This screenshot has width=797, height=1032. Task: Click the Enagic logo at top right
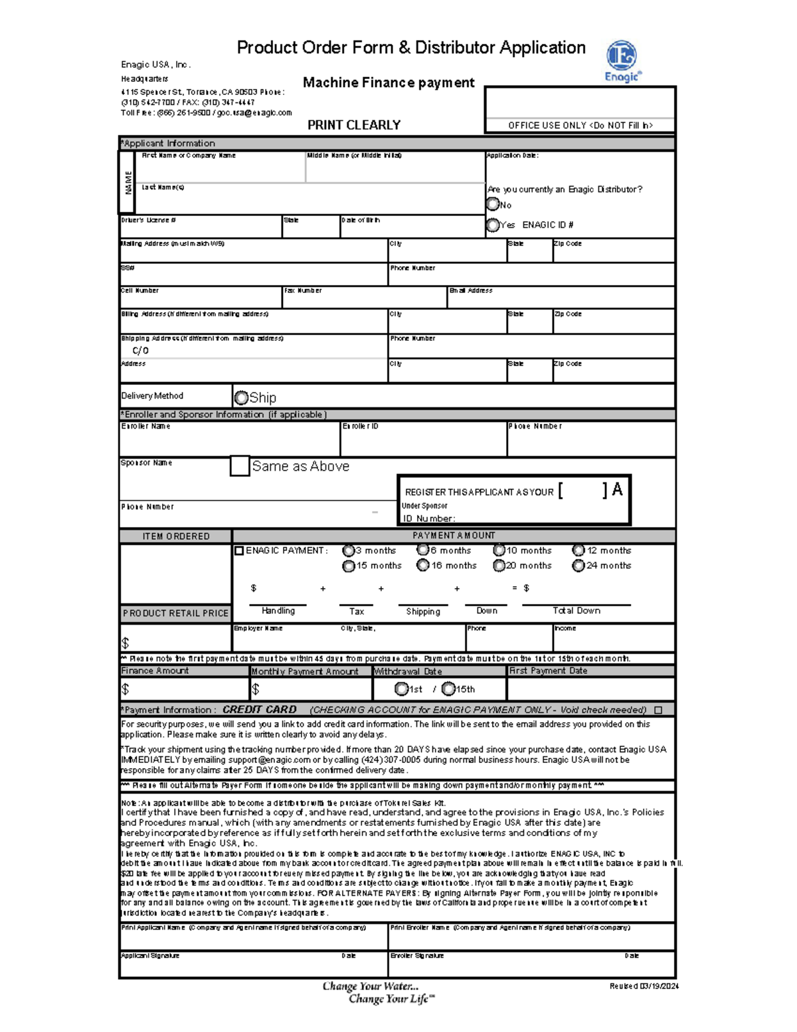pyautogui.click(x=622, y=60)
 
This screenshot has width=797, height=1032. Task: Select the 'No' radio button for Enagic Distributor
pyautogui.click(x=493, y=204)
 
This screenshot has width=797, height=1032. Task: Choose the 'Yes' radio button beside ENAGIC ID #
pyautogui.click(x=493, y=225)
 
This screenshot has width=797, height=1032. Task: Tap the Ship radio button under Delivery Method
pyautogui.click(x=241, y=397)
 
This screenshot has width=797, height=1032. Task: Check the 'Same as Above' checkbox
pyautogui.click(x=240, y=466)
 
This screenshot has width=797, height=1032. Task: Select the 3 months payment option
pyautogui.click(x=348, y=550)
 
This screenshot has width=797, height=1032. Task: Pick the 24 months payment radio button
pyautogui.click(x=578, y=566)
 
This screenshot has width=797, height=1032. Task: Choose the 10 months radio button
pyautogui.click(x=499, y=550)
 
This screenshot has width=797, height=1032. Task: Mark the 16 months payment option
pyautogui.click(x=422, y=566)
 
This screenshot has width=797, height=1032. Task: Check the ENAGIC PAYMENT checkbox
pyautogui.click(x=239, y=550)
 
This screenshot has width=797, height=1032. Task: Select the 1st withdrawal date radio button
pyautogui.click(x=400, y=688)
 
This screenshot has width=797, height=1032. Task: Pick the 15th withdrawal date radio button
pyautogui.click(x=448, y=688)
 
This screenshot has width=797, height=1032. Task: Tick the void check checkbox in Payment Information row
pyautogui.click(x=658, y=710)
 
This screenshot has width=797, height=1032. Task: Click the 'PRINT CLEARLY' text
pyautogui.click(x=354, y=125)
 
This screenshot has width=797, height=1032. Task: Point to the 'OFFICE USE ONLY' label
pyautogui.click(x=580, y=125)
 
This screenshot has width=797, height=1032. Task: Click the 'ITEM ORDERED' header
pyautogui.click(x=176, y=536)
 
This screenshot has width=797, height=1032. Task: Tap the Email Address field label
pyautogui.click(x=471, y=290)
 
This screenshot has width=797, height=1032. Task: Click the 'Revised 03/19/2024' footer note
pyautogui.click(x=644, y=986)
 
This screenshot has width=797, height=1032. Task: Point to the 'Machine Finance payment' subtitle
pyautogui.click(x=389, y=82)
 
